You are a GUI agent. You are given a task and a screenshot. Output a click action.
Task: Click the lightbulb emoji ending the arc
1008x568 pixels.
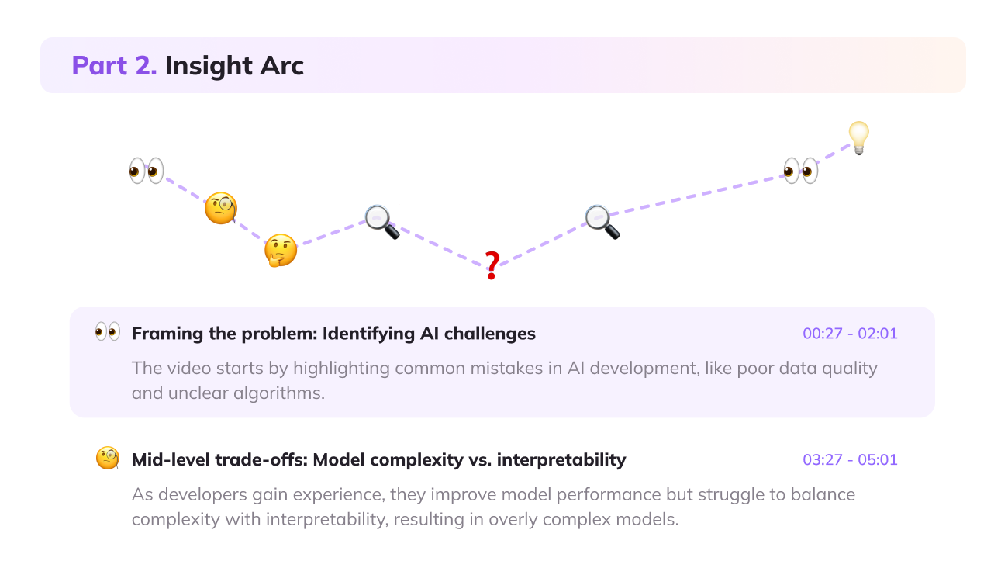tap(858, 137)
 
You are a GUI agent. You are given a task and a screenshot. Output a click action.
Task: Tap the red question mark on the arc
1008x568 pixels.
tap(492, 266)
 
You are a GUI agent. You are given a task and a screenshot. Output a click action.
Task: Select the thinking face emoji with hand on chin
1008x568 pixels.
tap(280, 250)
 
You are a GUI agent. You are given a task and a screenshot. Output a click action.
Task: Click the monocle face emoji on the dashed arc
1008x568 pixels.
tap(220, 209)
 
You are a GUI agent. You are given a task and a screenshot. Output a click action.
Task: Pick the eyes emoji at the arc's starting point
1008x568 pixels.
tap(147, 170)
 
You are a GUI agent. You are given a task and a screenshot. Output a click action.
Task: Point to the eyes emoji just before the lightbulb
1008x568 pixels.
tap(800, 170)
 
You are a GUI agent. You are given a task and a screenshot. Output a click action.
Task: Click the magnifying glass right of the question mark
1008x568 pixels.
tap(602, 221)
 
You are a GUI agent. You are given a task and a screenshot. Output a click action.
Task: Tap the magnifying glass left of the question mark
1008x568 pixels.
tap(381, 221)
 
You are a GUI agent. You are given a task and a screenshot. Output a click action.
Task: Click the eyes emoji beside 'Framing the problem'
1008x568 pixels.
tap(108, 332)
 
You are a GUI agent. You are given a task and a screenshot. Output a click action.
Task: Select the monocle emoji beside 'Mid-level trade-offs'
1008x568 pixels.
tap(108, 458)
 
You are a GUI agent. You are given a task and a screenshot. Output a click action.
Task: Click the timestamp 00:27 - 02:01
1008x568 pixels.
tap(850, 334)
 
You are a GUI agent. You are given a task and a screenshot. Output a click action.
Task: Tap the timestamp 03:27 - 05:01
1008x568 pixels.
tap(850, 459)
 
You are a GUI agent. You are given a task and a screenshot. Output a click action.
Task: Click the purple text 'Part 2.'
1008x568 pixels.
tap(114, 66)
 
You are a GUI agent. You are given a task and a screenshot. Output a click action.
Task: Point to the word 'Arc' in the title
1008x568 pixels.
tap(281, 66)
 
